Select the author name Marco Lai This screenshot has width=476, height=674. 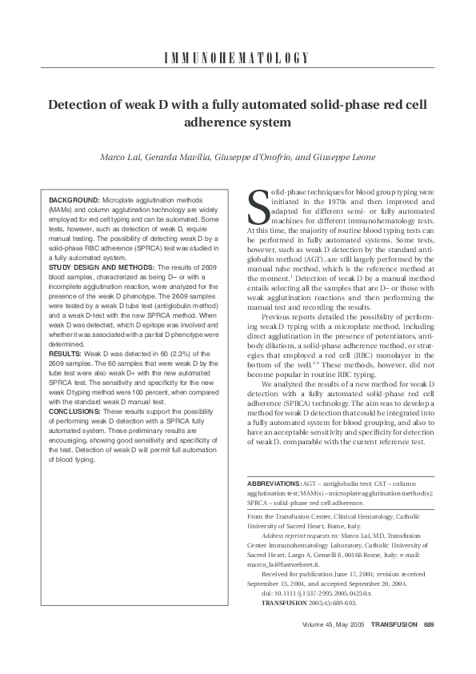point(120,157)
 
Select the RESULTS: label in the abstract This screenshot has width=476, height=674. point(65,352)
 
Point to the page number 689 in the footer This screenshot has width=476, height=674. point(429,646)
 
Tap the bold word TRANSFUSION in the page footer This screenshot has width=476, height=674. point(394,646)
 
